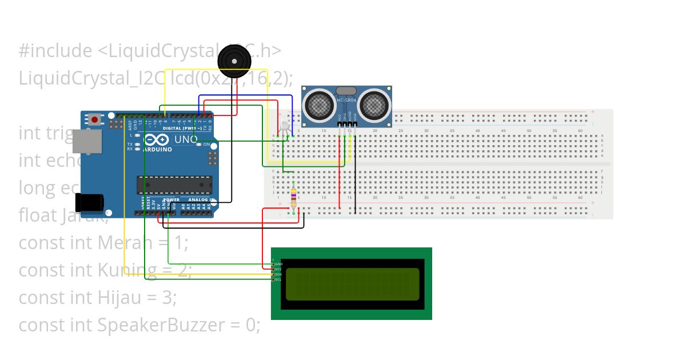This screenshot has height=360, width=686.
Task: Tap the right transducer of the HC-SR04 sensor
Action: (375, 105)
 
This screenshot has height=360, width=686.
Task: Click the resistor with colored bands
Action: (294, 195)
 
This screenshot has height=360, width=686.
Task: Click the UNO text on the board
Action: (185, 139)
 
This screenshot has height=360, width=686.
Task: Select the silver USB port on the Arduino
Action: (87, 141)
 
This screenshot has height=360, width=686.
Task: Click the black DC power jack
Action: (91, 202)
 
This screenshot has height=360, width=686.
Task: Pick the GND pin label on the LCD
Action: (278, 264)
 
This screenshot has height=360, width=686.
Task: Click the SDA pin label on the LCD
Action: (278, 274)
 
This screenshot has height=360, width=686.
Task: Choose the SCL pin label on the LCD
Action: (278, 279)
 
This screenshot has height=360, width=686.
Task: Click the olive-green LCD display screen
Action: (352, 284)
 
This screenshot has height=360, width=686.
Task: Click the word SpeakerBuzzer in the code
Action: (161, 325)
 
